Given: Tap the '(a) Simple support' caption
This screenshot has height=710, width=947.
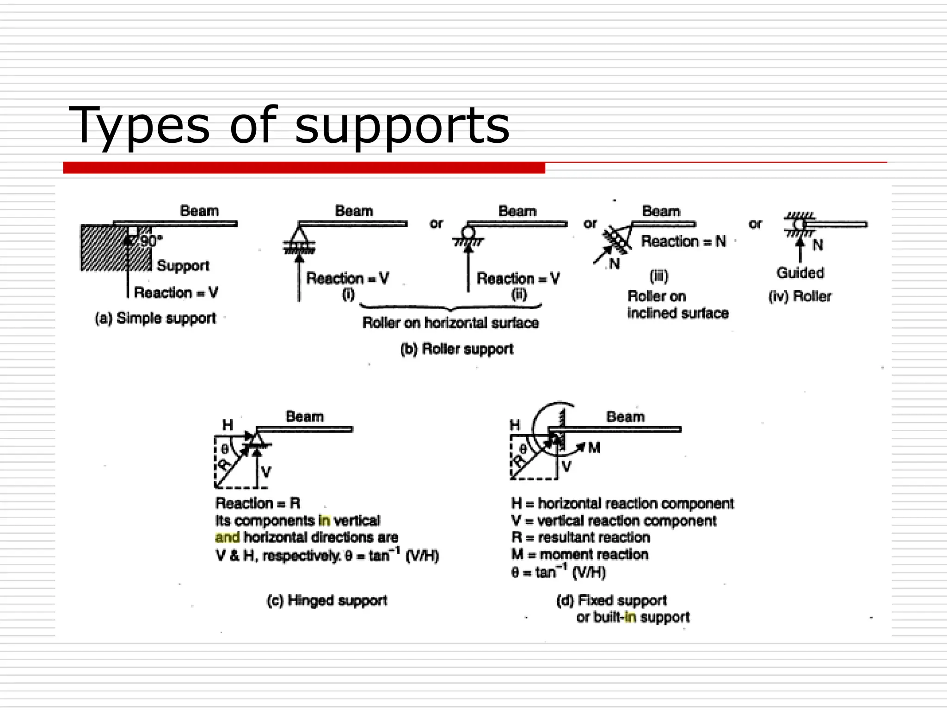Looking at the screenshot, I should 155,318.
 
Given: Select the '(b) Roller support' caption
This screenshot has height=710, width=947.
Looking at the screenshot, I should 456,349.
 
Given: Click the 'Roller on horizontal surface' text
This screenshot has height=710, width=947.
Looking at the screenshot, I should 450,323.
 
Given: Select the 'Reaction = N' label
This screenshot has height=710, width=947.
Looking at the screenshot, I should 683,241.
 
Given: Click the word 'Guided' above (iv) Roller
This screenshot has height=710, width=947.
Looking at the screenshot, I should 800,273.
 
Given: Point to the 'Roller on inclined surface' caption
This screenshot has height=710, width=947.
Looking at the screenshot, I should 677,305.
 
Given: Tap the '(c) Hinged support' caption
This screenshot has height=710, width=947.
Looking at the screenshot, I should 327,600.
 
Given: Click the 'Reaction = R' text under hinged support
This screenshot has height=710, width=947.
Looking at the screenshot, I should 258,503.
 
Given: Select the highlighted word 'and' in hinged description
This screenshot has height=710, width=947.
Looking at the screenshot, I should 227,537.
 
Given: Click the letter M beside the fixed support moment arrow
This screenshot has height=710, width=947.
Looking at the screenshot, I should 594,447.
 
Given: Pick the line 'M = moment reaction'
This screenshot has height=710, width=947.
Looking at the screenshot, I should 580,554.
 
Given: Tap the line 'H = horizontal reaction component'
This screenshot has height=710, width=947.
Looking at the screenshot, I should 622,503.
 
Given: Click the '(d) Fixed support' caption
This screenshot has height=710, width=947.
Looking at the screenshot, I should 611,600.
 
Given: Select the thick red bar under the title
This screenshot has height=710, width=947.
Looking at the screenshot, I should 304,168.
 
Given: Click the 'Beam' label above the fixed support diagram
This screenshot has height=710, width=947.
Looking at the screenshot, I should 625,416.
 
